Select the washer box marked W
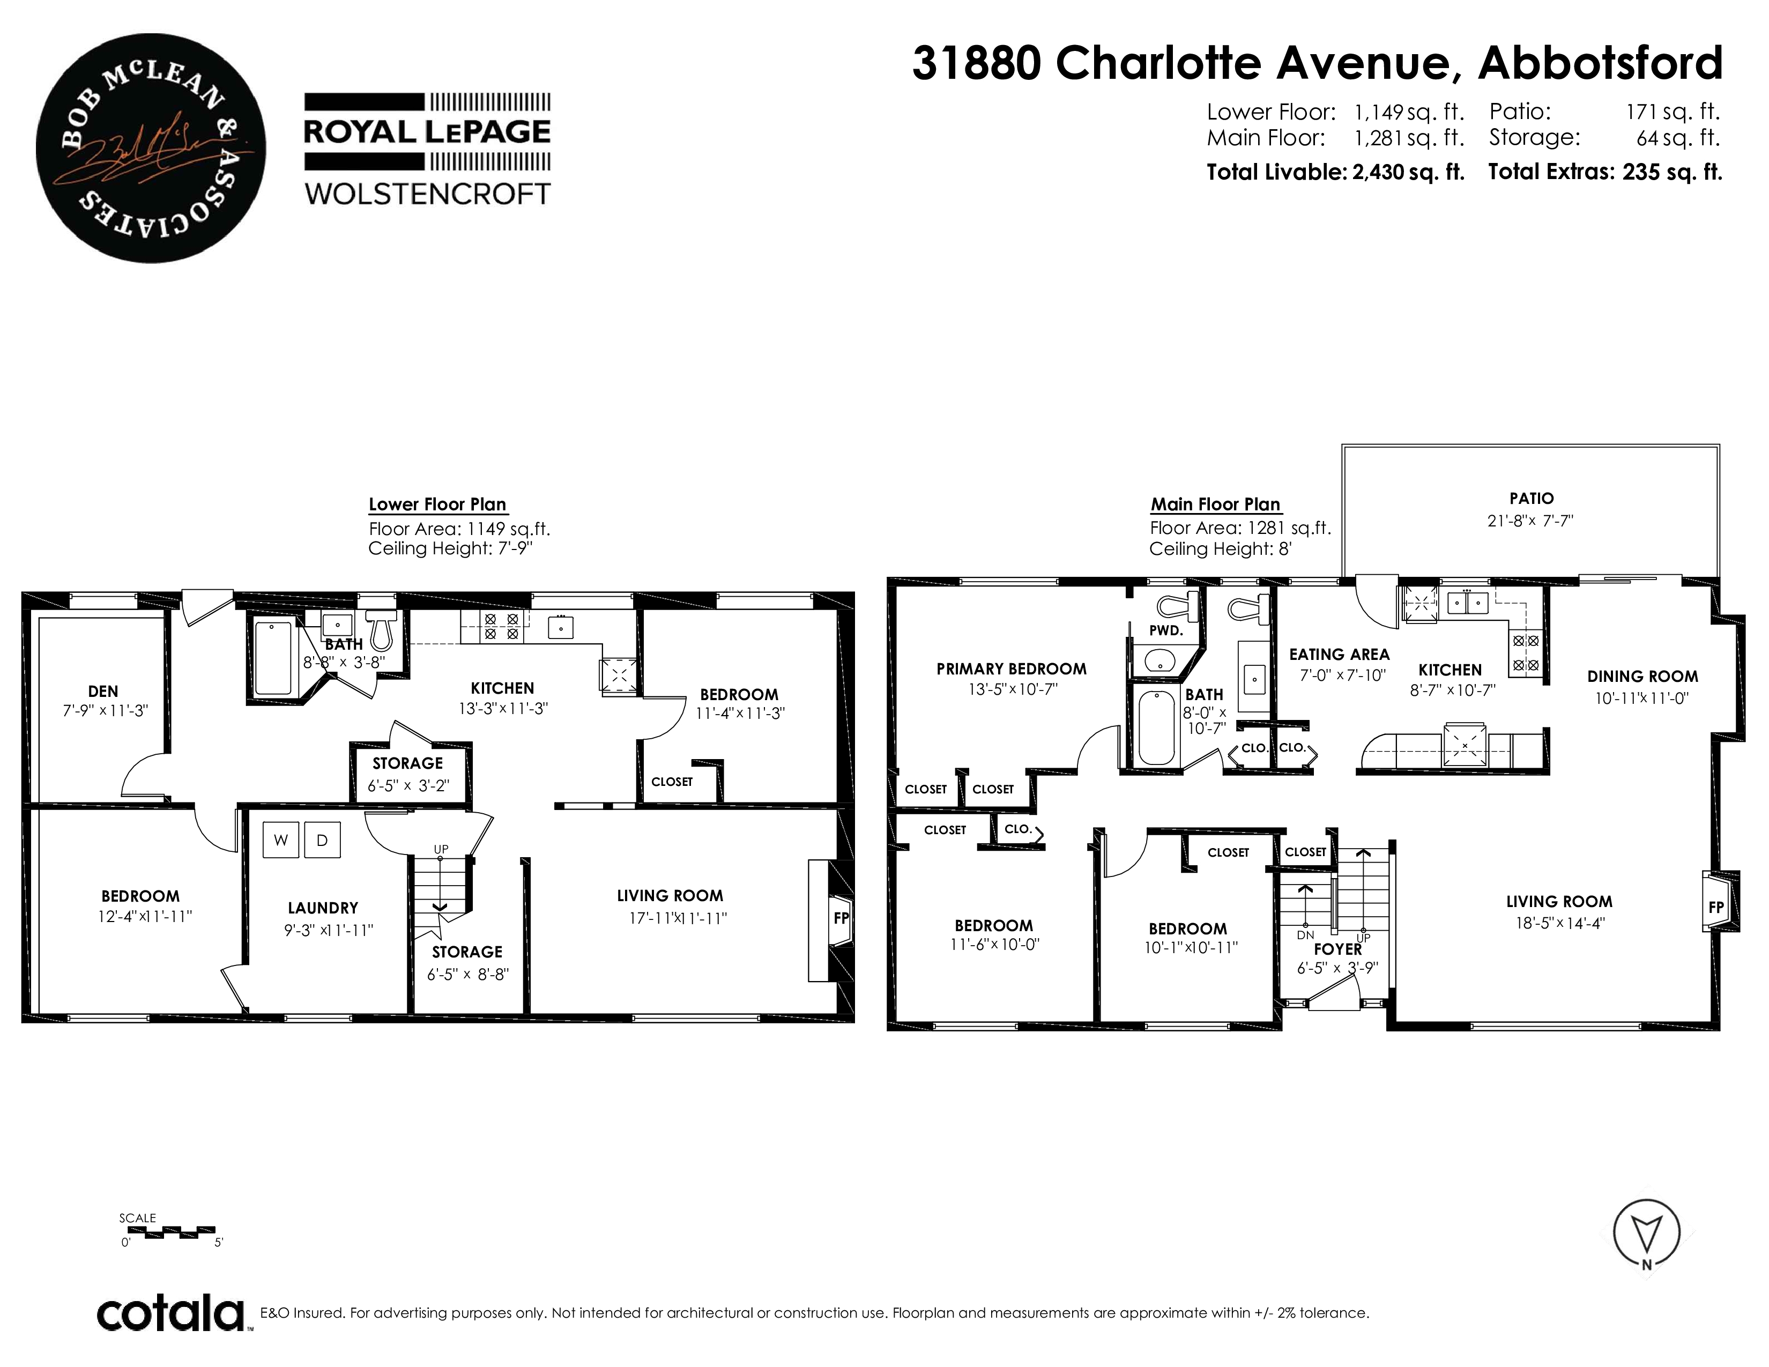pos(281,840)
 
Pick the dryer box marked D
pos(322,840)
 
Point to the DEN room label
pos(103,691)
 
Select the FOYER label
pos(1338,948)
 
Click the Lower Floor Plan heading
pos(437,504)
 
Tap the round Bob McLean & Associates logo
pos(151,147)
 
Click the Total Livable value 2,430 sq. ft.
pos(1409,172)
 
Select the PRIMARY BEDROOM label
pos(1012,669)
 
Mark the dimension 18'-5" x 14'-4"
pos(1560,923)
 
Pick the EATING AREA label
pos(1340,655)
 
